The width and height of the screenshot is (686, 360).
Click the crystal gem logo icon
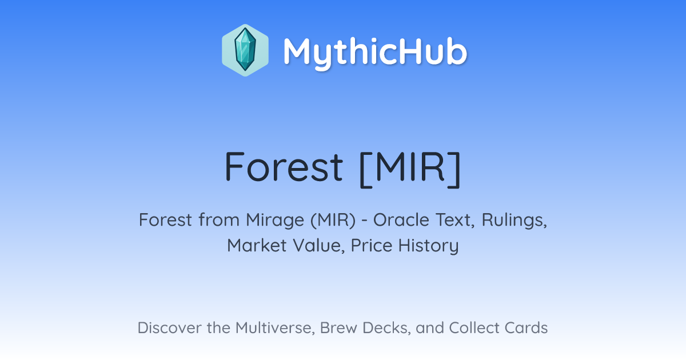click(245, 50)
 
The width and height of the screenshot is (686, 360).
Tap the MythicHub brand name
click(375, 53)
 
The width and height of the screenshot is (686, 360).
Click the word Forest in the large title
click(284, 167)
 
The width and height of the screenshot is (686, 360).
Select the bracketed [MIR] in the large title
click(410, 169)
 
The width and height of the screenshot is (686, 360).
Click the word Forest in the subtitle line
click(165, 219)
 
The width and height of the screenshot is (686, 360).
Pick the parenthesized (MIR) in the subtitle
click(333, 220)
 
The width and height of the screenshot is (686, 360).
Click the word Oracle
click(401, 219)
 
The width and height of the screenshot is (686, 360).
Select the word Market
click(257, 245)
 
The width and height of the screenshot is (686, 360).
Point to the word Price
click(372, 245)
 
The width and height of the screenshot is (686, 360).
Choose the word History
click(428, 246)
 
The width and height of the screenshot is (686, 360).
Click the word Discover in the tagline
click(169, 327)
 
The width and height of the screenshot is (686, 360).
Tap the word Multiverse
click(275, 328)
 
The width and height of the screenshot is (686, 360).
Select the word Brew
click(338, 327)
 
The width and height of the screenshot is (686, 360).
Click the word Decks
click(386, 328)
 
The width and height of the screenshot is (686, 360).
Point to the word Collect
click(475, 327)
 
